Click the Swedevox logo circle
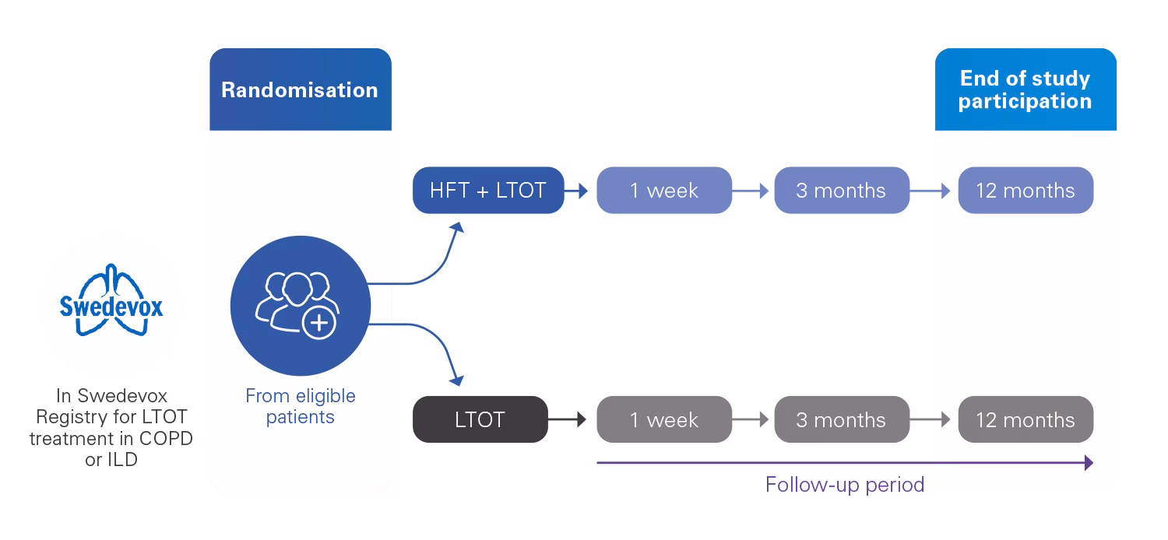[x=111, y=307]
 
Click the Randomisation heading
[x=300, y=89]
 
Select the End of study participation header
[x=1025, y=90]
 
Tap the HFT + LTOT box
[x=488, y=191]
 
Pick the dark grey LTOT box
[x=480, y=420]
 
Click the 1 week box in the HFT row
[x=664, y=191]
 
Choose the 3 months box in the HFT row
[x=841, y=191]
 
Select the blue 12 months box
[x=1025, y=191]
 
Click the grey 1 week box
[x=664, y=420]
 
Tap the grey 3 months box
[x=841, y=420]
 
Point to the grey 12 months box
[x=1025, y=420]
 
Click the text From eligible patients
[x=300, y=406]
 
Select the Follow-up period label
[x=845, y=485]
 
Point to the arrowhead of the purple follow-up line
[x=1088, y=463]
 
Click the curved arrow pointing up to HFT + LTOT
[x=436, y=257]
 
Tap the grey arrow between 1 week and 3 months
[x=752, y=420]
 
